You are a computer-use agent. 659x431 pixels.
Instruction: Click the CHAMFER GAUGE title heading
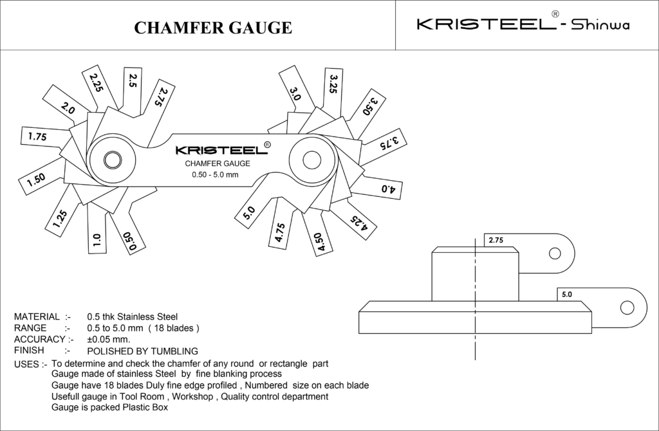tap(212, 27)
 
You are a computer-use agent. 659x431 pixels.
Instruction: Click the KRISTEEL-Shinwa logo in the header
tap(523, 24)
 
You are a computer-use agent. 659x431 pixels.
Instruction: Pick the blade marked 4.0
tap(389, 188)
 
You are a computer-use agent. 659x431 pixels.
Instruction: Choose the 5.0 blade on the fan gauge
tap(250, 212)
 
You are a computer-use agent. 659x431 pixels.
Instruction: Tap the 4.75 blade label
tap(279, 232)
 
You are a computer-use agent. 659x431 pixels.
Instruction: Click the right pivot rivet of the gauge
tap(313, 158)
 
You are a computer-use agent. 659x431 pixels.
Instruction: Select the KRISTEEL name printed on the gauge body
tap(221, 150)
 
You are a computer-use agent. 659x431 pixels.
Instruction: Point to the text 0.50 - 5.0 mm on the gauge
tap(215, 175)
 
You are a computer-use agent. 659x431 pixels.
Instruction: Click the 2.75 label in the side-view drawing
tap(496, 240)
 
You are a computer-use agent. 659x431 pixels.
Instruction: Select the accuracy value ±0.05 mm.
tap(109, 339)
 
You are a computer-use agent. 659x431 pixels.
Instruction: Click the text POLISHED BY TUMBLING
tap(142, 351)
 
